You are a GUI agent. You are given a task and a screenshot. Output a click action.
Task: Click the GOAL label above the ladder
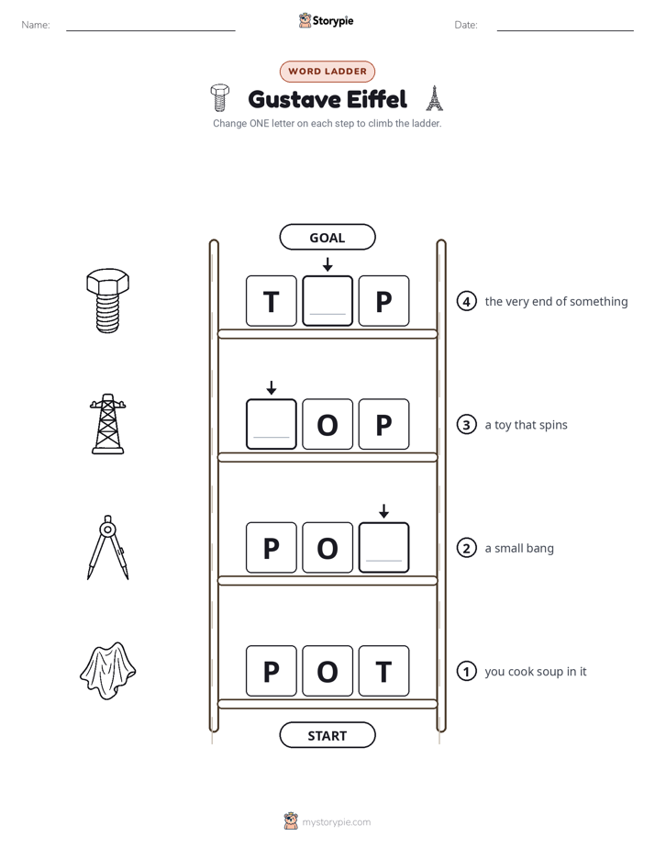pos(327,237)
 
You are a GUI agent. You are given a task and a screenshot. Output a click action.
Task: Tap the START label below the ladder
pos(327,735)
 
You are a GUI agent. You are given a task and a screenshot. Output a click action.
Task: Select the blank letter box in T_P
pos(327,301)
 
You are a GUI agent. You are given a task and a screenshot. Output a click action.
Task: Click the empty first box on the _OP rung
pos(272,424)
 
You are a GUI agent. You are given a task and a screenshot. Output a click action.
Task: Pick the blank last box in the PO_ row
pos(383,547)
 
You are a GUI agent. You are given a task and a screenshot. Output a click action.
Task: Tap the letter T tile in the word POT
pos(383,671)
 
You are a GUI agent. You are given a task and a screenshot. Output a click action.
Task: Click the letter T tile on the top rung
pos(272,301)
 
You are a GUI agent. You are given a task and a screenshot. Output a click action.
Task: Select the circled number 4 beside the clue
pos(466,301)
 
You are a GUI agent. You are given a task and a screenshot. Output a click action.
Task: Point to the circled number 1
pos(466,671)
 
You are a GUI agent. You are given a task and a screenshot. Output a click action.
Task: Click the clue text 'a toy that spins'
pos(526,425)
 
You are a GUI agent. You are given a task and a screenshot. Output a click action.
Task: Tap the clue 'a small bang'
pos(519,549)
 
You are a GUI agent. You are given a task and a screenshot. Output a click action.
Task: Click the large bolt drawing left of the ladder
pos(107,300)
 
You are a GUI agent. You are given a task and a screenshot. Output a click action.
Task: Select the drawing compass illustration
pos(108,547)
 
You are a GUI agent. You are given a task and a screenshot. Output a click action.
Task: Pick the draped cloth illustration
pos(107,671)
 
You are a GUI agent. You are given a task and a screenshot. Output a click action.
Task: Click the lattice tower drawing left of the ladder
pos(108,424)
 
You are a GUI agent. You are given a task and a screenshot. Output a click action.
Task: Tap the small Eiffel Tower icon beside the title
pos(434,98)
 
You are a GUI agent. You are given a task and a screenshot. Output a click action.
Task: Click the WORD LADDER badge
pos(327,72)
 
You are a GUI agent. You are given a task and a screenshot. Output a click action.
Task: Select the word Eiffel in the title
pos(377,99)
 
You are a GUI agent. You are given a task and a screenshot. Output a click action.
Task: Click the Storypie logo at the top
pos(327,20)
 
